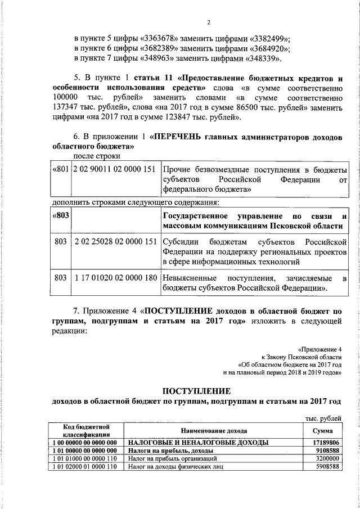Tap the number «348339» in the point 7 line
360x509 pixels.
tap(263, 58)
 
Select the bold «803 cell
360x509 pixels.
tap(60, 217)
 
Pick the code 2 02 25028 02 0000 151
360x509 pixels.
tap(115, 242)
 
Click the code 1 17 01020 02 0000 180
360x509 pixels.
tap(115, 278)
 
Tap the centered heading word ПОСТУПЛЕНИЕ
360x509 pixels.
tap(196, 390)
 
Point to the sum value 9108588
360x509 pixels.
tap(328, 451)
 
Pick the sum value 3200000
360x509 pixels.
tap(328, 458)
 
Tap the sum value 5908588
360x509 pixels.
tap(328, 466)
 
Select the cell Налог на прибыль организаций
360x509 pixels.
tap(168, 458)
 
